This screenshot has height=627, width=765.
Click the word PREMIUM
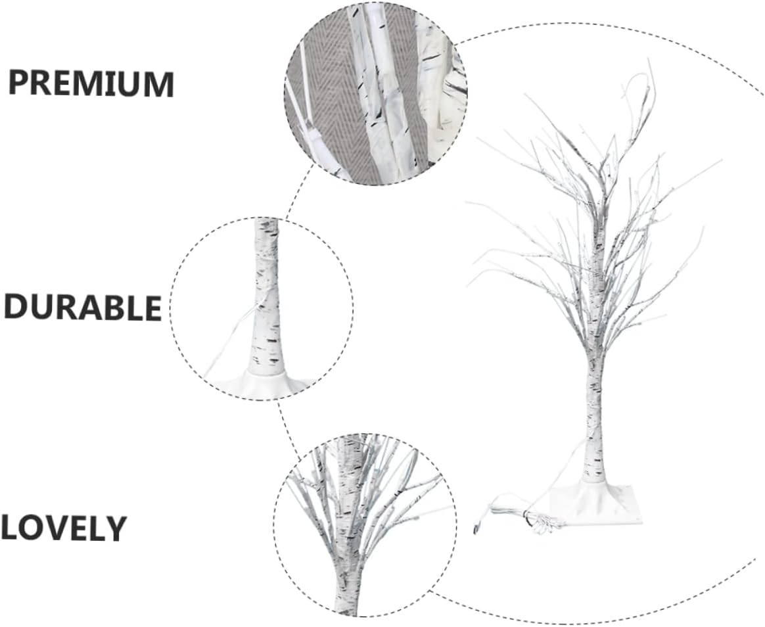pyautogui.click(x=91, y=83)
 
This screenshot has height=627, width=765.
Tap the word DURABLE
pyautogui.click(x=83, y=307)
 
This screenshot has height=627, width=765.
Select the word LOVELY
pyautogui.click(x=63, y=528)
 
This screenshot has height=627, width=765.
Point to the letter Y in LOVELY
pyautogui.click(x=113, y=528)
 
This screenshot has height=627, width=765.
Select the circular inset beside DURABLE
pyautogui.click(x=262, y=309)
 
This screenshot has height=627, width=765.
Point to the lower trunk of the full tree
pyautogui.click(x=594, y=427)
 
